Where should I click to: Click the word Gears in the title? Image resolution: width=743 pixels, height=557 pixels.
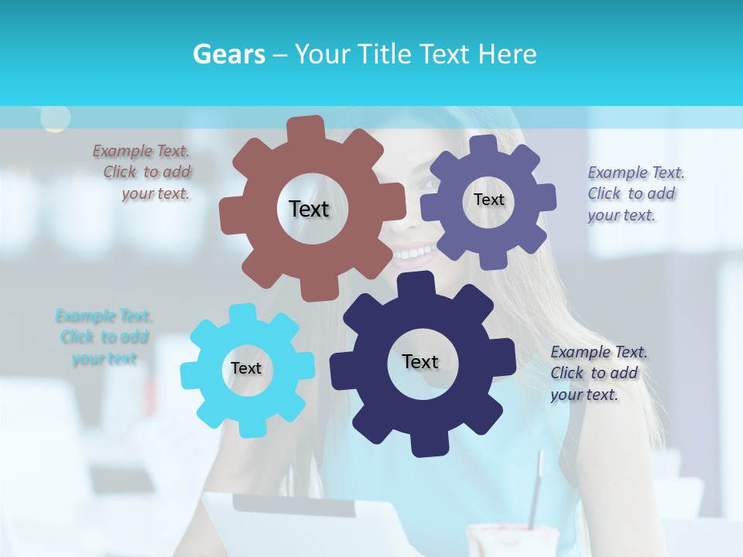(x=228, y=54)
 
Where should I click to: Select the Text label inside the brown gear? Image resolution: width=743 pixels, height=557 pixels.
(x=309, y=209)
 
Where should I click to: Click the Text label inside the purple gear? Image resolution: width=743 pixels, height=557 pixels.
(x=488, y=200)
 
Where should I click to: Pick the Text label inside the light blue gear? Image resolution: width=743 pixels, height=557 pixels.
(x=245, y=368)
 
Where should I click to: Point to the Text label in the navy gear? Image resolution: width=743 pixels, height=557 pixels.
(x=420, y=361)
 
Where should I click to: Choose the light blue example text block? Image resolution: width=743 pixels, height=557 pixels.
(x=104, y=337)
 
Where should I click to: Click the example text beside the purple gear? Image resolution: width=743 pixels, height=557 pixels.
(x=635, y=193)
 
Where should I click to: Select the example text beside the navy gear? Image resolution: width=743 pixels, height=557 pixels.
(x=597, y=373)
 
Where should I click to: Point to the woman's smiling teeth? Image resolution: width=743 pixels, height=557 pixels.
(x=415, y=252)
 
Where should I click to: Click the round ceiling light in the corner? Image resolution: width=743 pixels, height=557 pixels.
(x=55, y=118)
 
